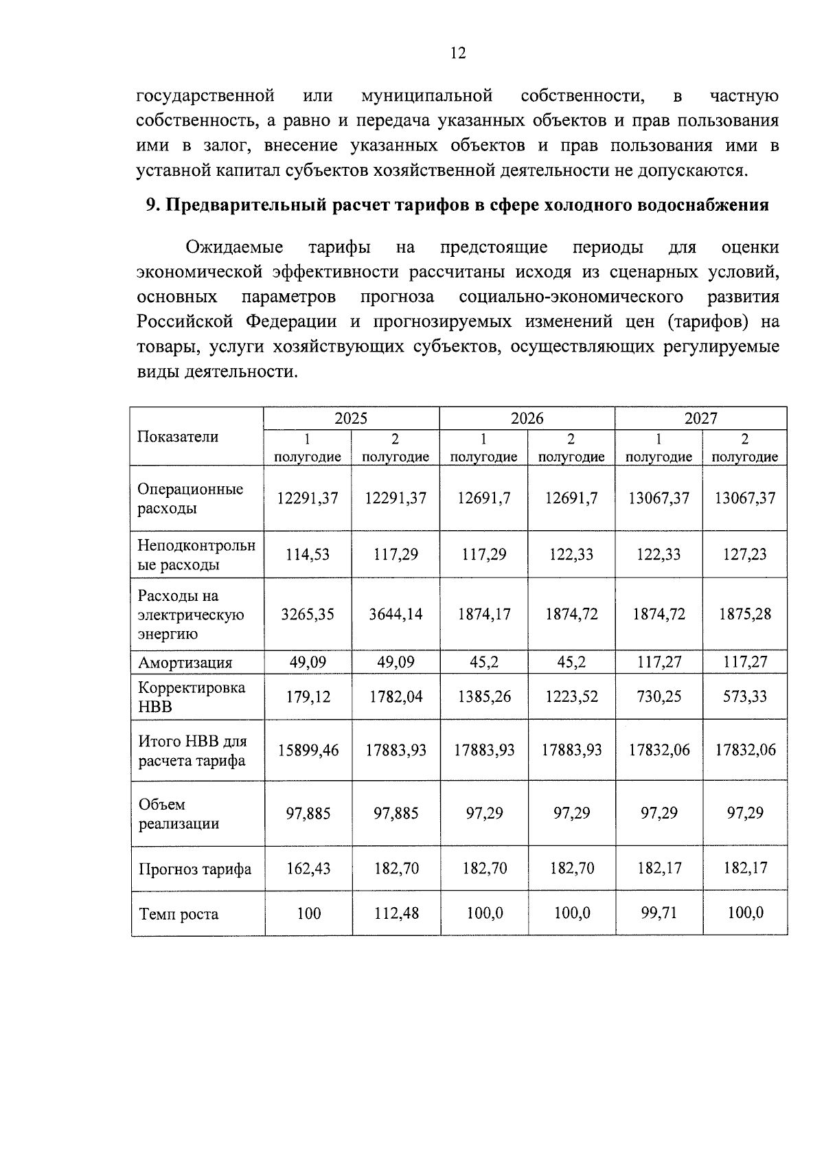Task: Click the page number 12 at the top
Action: coord(458,54)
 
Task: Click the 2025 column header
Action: coord(351,418)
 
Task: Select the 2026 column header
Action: coord(527,418)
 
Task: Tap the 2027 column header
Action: coord(700,418)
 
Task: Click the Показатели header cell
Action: coord(178,437)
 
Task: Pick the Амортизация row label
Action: coord(185,663)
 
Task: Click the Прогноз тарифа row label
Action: coord(195,869)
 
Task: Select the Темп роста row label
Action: coord(179,914)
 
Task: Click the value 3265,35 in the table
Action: coord(308,614)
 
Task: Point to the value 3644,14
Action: coord(396,614)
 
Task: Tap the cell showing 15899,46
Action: coord(308,750)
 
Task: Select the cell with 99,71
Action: coord(659,913)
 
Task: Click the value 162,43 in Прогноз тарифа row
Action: coord(308,869)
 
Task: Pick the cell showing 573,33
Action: coord(745,696)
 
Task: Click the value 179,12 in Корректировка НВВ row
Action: coord(308,697)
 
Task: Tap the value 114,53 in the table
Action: coord(308,554)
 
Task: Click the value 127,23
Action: coord(745,554)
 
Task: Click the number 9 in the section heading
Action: coord(152,205)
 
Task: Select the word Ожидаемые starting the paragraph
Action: coord(234,247)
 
